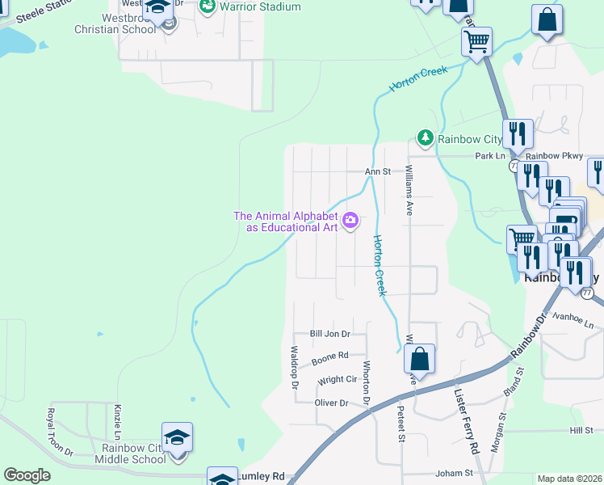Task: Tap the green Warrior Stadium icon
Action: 208,6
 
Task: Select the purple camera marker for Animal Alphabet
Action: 350,220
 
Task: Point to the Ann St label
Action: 377,171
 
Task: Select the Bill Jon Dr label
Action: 330,334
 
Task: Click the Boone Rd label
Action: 329,355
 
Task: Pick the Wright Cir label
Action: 338,379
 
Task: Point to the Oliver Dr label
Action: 331,403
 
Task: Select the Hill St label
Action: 581,431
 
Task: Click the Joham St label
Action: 453,472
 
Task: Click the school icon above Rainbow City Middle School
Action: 177,437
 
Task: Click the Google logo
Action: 27,475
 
